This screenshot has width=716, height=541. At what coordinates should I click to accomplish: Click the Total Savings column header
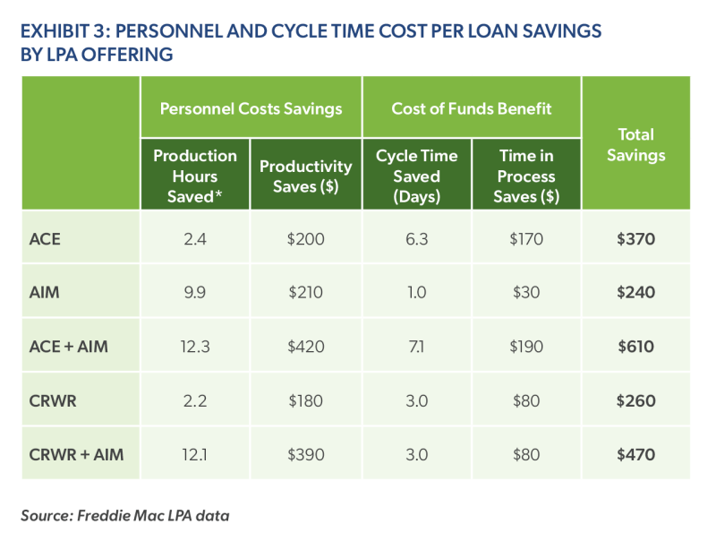click(635, 144)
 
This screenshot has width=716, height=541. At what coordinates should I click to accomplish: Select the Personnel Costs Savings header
click(251, 108)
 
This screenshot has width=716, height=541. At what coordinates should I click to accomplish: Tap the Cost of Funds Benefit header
click(472, 108)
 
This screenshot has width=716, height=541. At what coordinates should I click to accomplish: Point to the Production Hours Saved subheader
click(195, 176)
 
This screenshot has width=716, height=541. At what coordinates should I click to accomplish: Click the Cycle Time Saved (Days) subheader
click(416, 176)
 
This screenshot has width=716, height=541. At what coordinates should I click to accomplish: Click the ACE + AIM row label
click(70, 347)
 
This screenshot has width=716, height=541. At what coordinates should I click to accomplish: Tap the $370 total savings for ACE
click(635, 239)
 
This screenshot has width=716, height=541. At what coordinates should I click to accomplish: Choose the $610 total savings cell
click(635, 347)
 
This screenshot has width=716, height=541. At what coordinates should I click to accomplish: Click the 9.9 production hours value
click(195, 293)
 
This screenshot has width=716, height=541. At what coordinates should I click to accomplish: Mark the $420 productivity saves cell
click(305, 347)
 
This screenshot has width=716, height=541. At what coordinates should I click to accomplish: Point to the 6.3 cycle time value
click(416, 239)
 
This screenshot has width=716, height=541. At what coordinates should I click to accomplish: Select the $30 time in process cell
click(527, 293)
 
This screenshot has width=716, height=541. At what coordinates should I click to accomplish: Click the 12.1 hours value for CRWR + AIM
click(195, 454)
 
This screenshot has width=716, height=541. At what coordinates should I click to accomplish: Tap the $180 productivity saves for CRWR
click(305, 400)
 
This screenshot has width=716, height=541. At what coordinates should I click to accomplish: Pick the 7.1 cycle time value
click(416, 347)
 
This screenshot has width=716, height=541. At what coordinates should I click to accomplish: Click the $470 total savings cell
click(635, 454)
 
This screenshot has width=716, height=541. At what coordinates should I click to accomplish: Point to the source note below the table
click(126, 515)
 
